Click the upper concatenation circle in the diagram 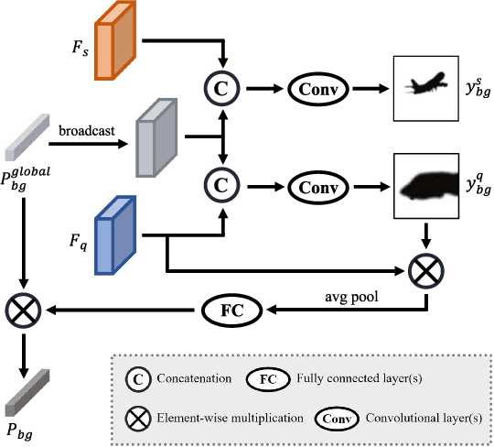point(221,89)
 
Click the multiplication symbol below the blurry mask point(424,271)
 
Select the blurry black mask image point(424,186)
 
